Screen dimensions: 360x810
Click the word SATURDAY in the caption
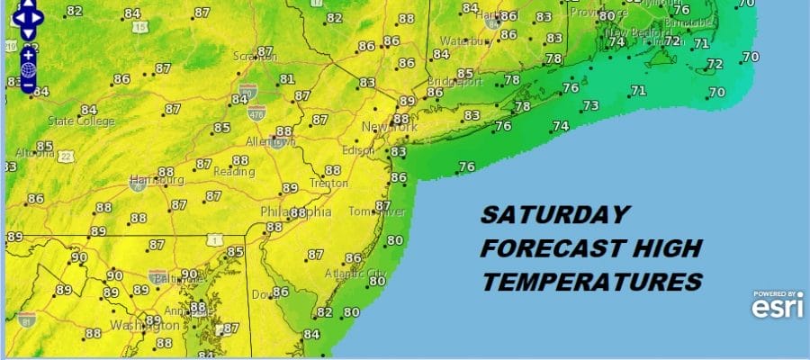click(x=551, y=216)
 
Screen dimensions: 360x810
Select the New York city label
click(x=390, y=129)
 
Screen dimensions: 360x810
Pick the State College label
click(x=81, y=121)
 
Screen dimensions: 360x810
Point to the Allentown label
click(x=270, y=142)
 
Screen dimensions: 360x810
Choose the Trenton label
click(x=328, y=183)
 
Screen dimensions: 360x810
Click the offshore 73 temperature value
click(x=590, y=106)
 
